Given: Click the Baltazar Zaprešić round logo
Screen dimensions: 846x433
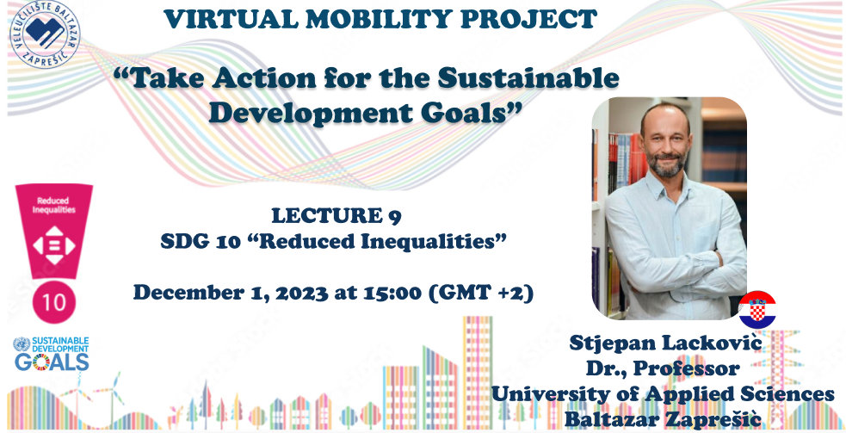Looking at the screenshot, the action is [x=45, y=34].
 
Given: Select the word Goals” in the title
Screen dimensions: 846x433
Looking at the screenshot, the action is [x=475, y=113].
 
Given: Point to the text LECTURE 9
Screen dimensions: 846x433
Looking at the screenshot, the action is [x=337, y=216].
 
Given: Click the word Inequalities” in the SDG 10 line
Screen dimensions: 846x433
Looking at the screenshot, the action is [x=433, y=241].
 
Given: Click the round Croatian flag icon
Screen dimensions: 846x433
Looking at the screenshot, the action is [x=757, y=310].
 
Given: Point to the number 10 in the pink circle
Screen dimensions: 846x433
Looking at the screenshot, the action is [x=54, y=302].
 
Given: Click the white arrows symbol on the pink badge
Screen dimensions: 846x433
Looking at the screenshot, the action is [x=54, y=245].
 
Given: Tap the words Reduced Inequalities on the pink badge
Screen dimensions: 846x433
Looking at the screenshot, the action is [x=53, y=205].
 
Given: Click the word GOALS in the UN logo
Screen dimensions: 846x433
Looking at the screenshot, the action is [x=52, y=362].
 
